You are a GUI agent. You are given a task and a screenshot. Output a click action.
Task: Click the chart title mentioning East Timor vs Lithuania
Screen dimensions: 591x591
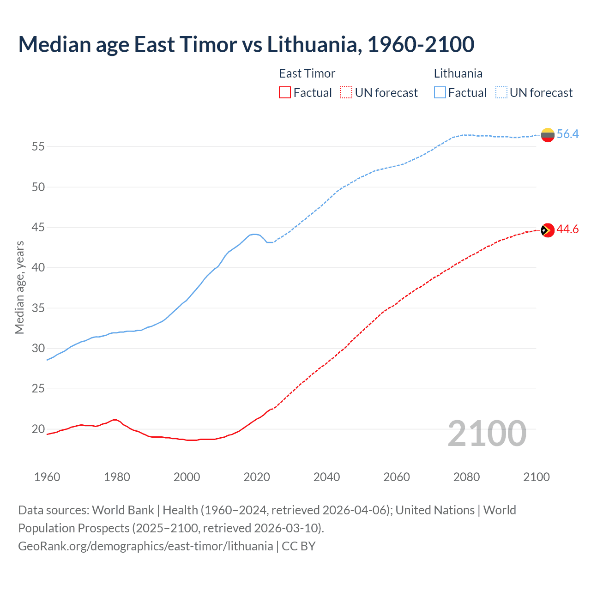click(246, 44)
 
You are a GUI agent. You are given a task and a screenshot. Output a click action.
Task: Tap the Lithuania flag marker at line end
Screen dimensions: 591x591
click(548, 135)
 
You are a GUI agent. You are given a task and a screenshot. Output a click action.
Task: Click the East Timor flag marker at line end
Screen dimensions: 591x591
click(548, 230)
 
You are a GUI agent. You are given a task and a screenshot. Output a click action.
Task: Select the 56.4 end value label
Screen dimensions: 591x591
click(567, 134)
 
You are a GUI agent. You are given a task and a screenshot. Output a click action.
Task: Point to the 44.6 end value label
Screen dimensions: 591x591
click(567, 229)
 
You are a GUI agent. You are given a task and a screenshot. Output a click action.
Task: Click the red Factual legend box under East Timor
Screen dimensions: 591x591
click(285, 92)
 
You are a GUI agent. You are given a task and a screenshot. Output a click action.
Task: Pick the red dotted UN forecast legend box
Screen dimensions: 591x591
click(346, 92)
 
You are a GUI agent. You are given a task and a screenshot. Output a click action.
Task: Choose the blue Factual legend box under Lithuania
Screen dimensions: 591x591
click(440, 92)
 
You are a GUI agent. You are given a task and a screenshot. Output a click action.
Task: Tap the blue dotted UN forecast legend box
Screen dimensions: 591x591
click(501, 92)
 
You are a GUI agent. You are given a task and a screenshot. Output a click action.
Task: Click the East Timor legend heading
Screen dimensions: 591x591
click(307, 73)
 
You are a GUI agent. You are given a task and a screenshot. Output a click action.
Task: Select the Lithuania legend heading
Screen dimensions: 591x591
click(458, 73)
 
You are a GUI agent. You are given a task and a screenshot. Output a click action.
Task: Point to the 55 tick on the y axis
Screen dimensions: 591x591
click(38, 147)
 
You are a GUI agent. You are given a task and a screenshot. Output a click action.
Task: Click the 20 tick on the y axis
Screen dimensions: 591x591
click(38, 429)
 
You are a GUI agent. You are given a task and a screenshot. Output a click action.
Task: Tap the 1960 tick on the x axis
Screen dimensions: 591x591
click(47, 477)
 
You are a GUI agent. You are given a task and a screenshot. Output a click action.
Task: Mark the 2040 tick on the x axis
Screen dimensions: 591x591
click(326, 477)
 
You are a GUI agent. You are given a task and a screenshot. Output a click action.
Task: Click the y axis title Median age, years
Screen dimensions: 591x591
click(19, 287)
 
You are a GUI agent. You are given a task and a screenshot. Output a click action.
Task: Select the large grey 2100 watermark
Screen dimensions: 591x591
click(487, 433)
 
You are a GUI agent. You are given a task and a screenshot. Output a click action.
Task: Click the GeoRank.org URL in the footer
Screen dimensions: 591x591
click(145, 546)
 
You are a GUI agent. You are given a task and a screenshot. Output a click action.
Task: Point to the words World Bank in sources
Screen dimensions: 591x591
click(123, 510)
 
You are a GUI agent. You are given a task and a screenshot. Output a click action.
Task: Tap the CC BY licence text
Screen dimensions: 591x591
click(299, 546)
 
